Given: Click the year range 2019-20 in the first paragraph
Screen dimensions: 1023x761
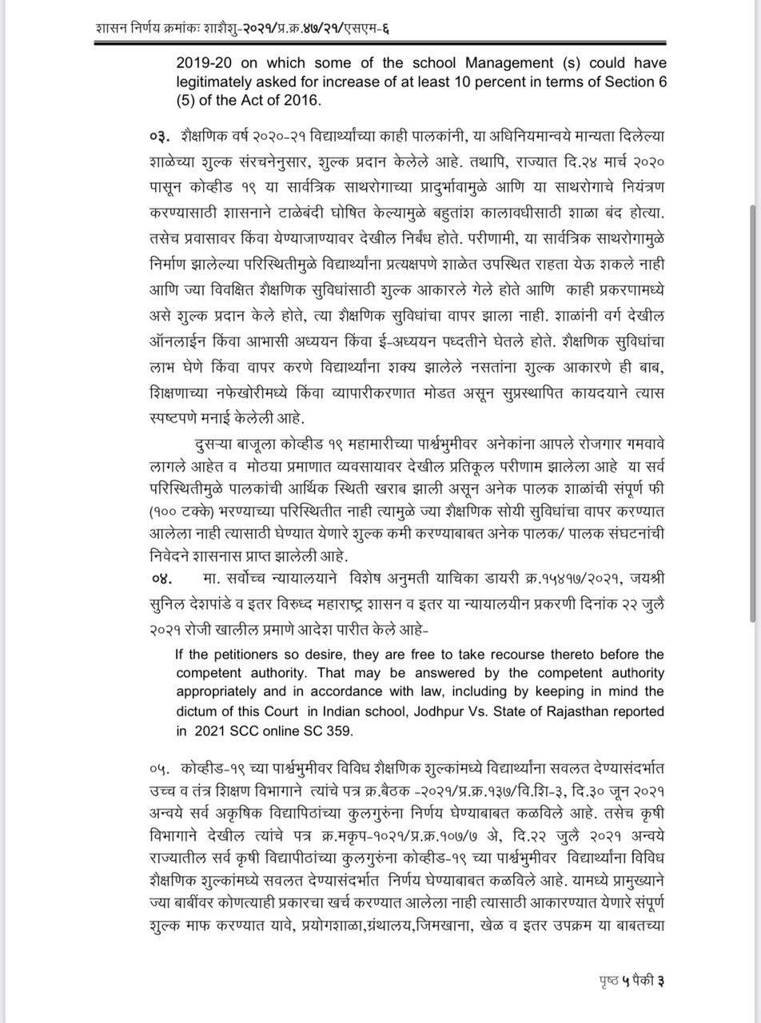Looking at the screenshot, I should (203, 62).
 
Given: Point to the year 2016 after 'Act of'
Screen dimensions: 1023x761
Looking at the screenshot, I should (305, 101).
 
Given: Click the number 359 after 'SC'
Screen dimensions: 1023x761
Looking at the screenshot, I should (339, 730).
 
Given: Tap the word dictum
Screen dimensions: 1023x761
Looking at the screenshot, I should (197, 711).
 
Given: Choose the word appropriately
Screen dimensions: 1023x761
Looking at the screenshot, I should (220, 692).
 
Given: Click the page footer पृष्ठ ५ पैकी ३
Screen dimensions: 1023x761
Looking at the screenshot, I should (632, 981).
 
